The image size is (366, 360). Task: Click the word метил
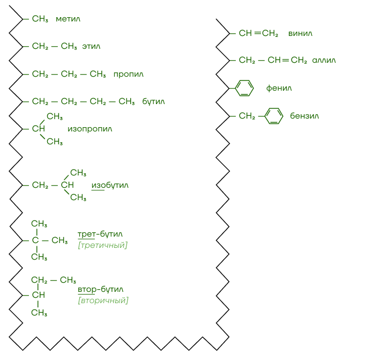coord(68,19)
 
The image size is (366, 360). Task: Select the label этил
coord(91,46)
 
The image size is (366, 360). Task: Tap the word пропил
coord(129,75)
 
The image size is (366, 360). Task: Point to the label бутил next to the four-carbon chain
coord(153,101)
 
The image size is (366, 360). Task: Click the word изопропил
coord(90,129)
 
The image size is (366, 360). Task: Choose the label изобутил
coord(110,185)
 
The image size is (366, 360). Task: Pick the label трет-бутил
coord(100,234)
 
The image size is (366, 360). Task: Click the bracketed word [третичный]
coord(103,245)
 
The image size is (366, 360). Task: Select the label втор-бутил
coord(101,289)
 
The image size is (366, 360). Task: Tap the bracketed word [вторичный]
coord(103,300)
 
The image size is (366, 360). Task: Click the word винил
coord(300,33)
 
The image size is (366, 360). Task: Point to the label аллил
coord(324,60)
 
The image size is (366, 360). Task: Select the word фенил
coord(279,88)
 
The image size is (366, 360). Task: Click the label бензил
coord(304,116)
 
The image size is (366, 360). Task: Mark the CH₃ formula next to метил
coord(40,19)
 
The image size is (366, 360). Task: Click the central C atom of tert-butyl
coord(35,240)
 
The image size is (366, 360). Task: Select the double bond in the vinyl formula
coord(257,33)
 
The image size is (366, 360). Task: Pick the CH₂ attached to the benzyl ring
coord(247,116)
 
